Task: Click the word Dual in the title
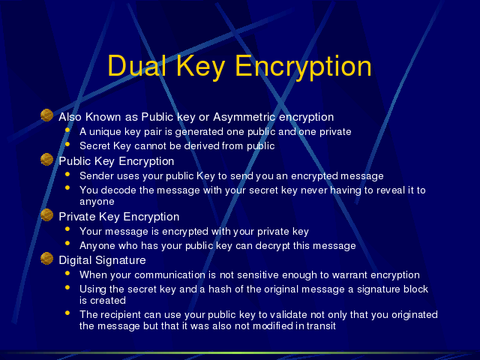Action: pos(136,66)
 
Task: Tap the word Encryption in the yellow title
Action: pos(303,67)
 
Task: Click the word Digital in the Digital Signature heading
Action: pos(75,260)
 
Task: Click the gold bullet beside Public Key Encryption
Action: pos(46,160)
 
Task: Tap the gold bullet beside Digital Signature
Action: pos(46,258)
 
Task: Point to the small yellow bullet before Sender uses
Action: pos(67,174)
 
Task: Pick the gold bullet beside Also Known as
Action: pos(46,115)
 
